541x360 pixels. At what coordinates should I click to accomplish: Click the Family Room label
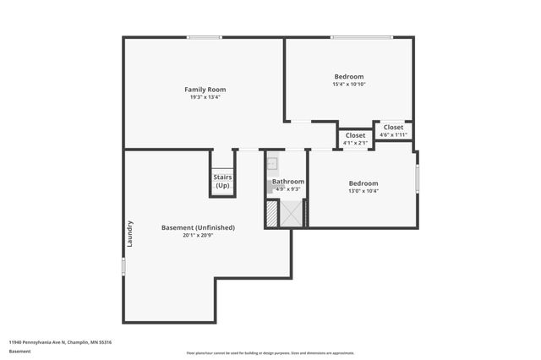tap(205, 90)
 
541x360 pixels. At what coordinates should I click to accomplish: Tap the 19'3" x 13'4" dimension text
tap(205, 97)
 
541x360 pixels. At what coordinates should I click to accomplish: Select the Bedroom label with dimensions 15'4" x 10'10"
tap(348, 76)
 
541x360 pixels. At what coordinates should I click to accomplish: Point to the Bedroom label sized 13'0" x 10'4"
tap(363, 183)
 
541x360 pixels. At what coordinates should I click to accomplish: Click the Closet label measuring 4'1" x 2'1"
tap(356, 135)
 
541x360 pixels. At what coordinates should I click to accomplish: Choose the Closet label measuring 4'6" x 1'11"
tap(394, 128)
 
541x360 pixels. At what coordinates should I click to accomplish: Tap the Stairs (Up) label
tap(222, 182)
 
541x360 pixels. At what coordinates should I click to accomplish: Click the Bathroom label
tap(288, 182)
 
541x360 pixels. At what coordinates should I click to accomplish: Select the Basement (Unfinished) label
tap(198, 227)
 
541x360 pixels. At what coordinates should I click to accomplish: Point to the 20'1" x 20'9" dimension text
tap(198, 236)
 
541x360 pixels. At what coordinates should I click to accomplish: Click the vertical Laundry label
tap(130, 233)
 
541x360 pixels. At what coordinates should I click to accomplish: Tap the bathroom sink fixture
tap(273, 164)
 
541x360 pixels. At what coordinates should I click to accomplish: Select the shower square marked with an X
tap(292, 215)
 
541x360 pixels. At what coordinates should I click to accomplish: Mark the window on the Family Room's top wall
tap(205, 37)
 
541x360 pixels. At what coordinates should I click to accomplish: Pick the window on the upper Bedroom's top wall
tap(361, 37)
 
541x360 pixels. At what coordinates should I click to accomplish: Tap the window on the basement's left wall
tap(123, 266)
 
